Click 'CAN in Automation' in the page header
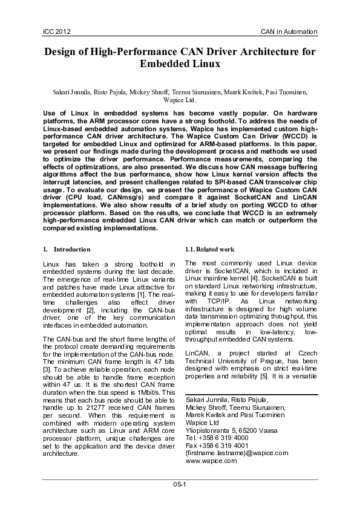click(x=289, y=31)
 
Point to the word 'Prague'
click(x=270, y=352)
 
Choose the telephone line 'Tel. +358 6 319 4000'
click(x=216, y=436)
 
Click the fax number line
click(x=216, y=444)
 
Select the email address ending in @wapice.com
click(x=236, y=452)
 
